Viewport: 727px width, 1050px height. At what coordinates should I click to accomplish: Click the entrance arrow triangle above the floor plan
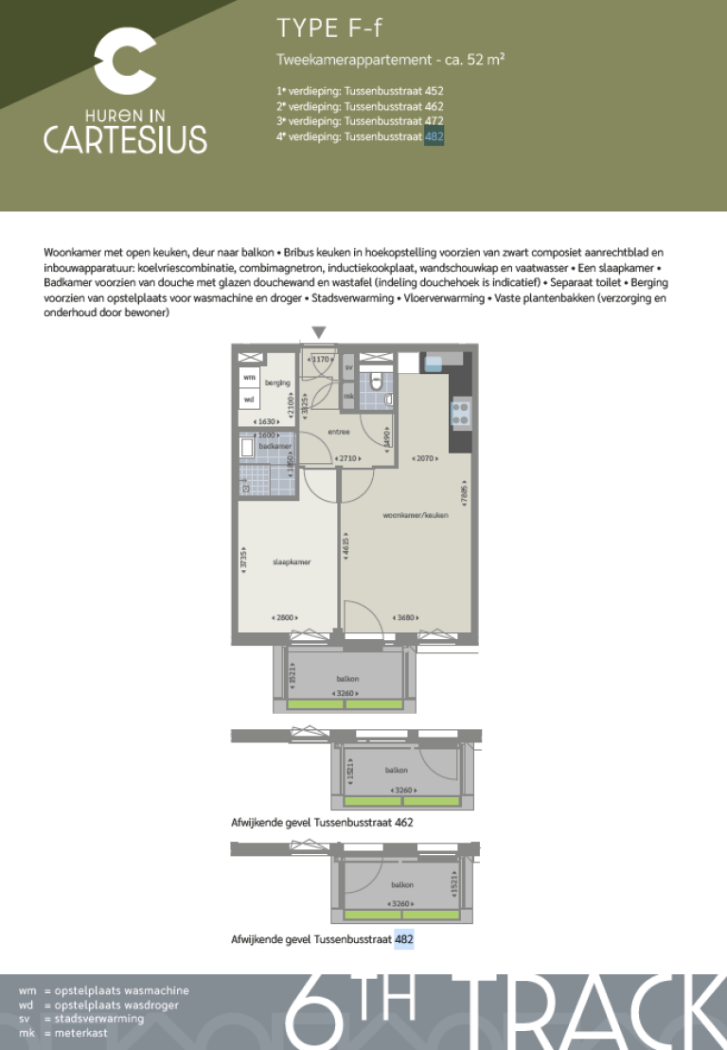(x=320, y=331)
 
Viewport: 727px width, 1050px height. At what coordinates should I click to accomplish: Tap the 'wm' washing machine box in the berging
(x=249, y=378)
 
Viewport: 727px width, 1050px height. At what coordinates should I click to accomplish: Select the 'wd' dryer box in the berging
(x=249, y=399)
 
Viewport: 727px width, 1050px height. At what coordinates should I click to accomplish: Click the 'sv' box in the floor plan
(x=348, y=367)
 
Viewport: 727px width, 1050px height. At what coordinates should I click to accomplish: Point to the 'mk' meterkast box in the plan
(x=348, y=397)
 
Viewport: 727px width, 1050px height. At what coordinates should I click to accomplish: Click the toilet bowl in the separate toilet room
(x=377, y=383)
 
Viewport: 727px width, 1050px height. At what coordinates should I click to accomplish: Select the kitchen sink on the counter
(x=441, y=361)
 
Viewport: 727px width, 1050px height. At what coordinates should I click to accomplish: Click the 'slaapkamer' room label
(x=292, y=561)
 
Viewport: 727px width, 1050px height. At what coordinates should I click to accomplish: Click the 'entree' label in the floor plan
(x=339, y=432)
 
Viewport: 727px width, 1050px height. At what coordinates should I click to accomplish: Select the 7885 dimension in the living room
(x=464, y=495)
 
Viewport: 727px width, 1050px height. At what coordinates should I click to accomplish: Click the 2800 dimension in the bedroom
(x=285, y=618)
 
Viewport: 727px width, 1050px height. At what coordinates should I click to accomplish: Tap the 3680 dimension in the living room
(x=408, y=618)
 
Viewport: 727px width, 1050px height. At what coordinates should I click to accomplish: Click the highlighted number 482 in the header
(x=434, y=136)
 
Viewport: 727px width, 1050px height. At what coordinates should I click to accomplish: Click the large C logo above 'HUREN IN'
(x=126, y=62)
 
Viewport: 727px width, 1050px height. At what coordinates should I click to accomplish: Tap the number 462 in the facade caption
(x=403, y=823)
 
